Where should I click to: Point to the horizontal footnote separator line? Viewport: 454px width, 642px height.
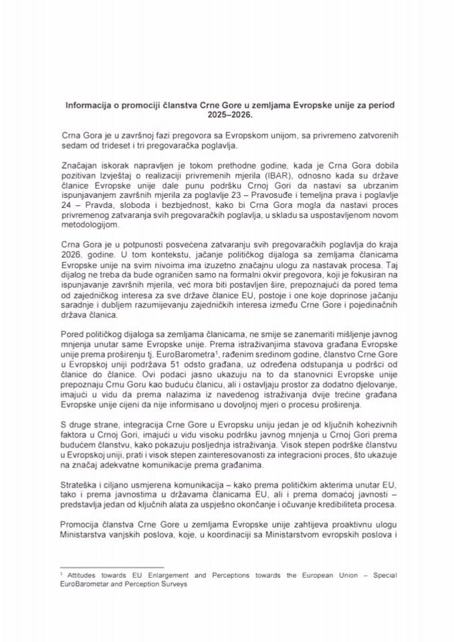[x=110, y=565]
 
